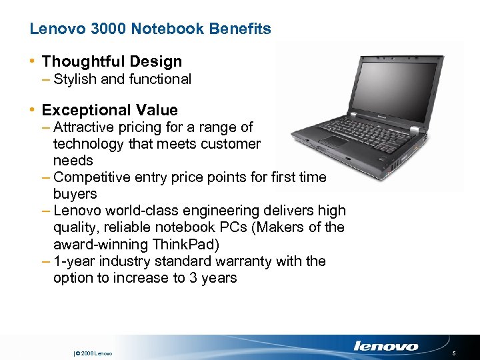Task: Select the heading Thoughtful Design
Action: click(x=111, y=62)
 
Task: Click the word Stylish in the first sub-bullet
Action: click(x=75, y=79)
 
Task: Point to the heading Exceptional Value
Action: click(x=109, y=110)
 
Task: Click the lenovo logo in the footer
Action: click(x=386, y=346)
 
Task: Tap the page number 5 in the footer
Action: click(x=453, y=353)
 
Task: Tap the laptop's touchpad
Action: click(x=334, y=141)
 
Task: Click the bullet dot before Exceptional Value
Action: click(x=33, y=110)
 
